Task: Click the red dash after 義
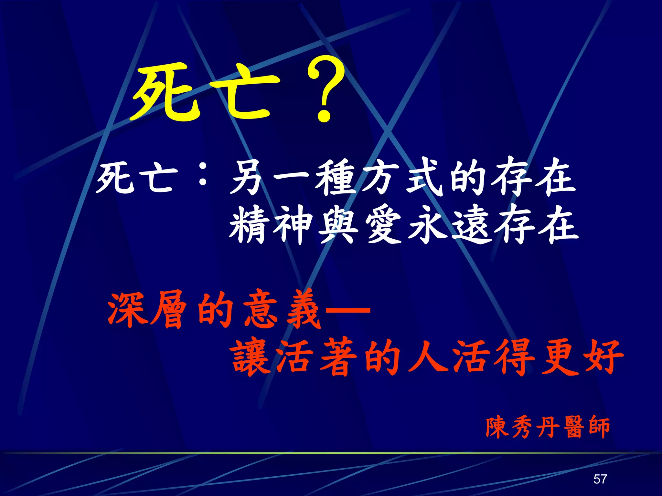click(x=347, y=310)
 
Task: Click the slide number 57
click(x=600, y=479)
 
